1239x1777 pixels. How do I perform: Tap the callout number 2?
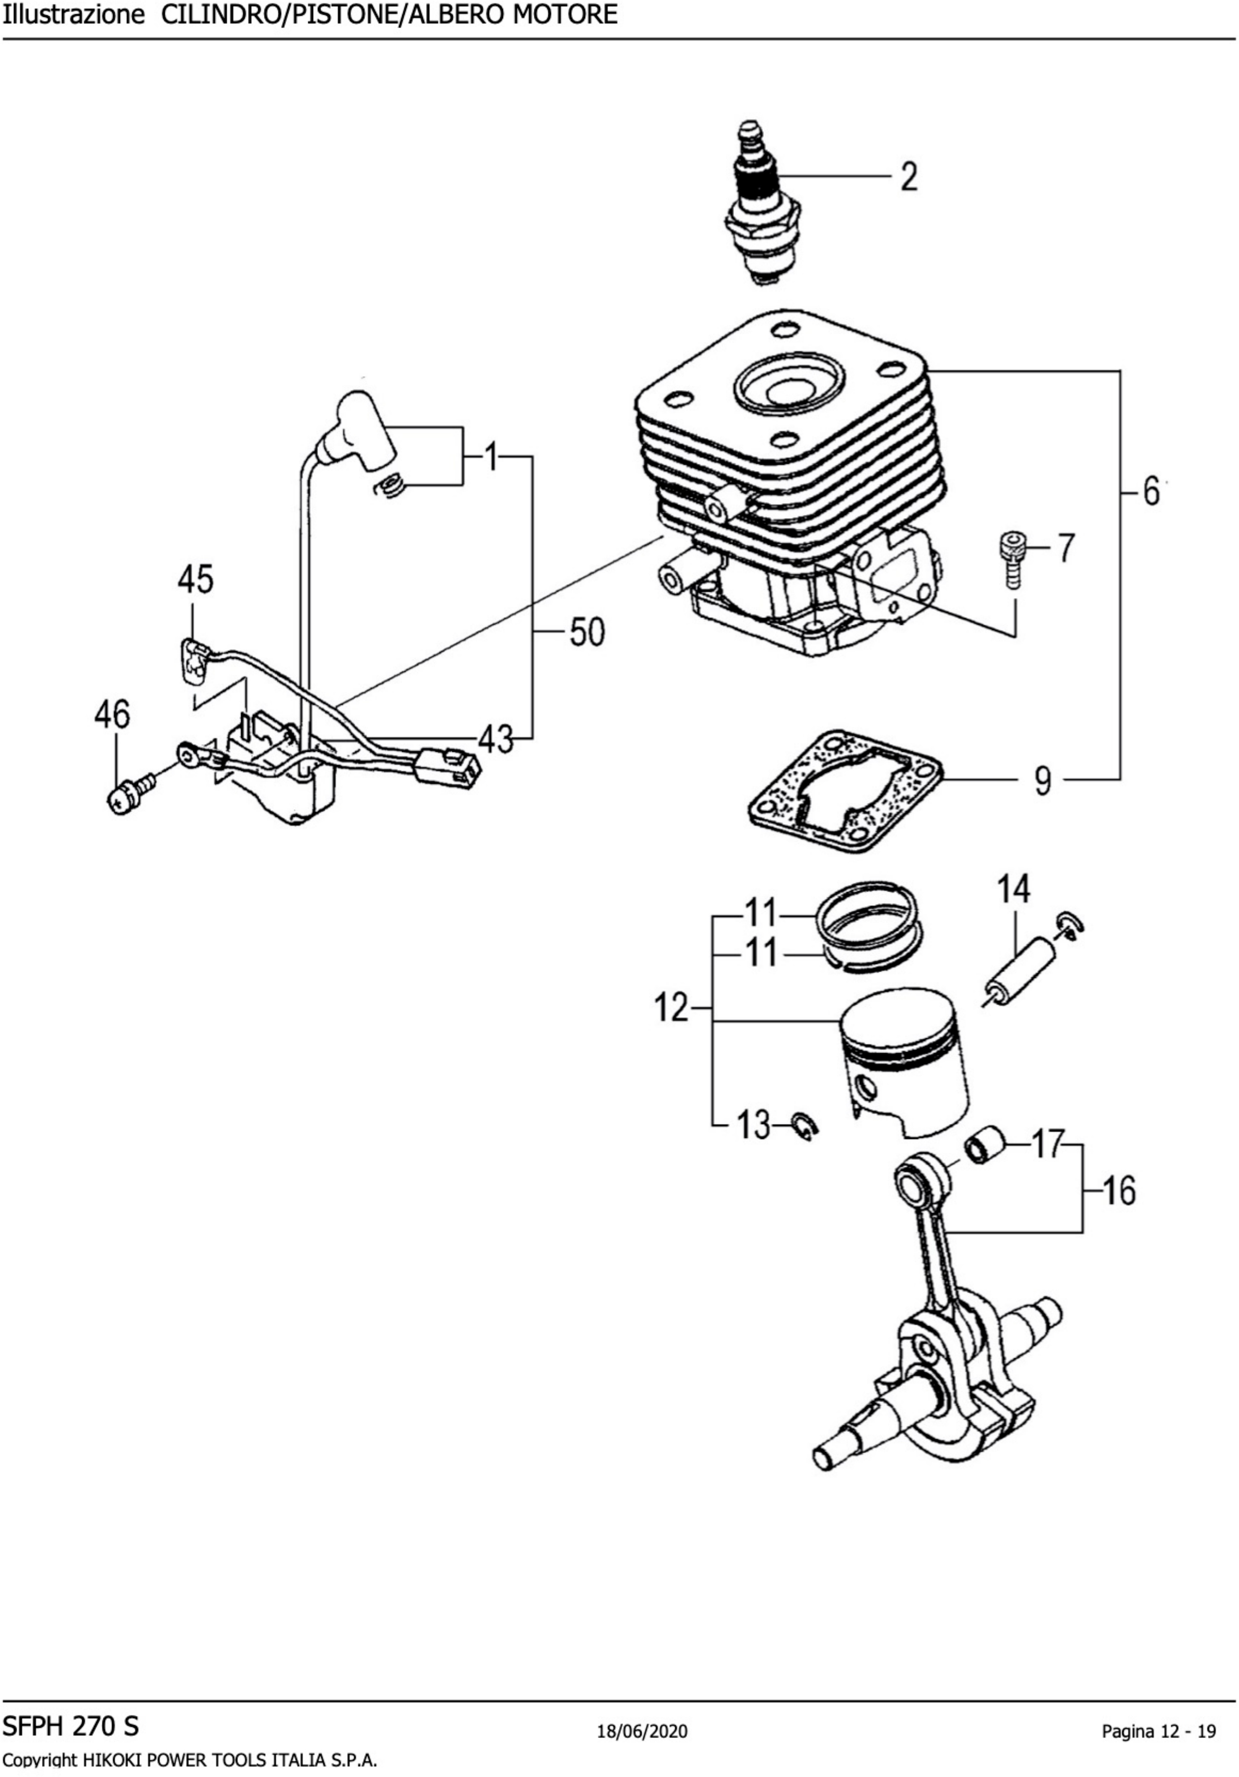pyautogui.click(x=909, y=177)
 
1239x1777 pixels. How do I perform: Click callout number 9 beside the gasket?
pyautogui.click(x=1043, y=780)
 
